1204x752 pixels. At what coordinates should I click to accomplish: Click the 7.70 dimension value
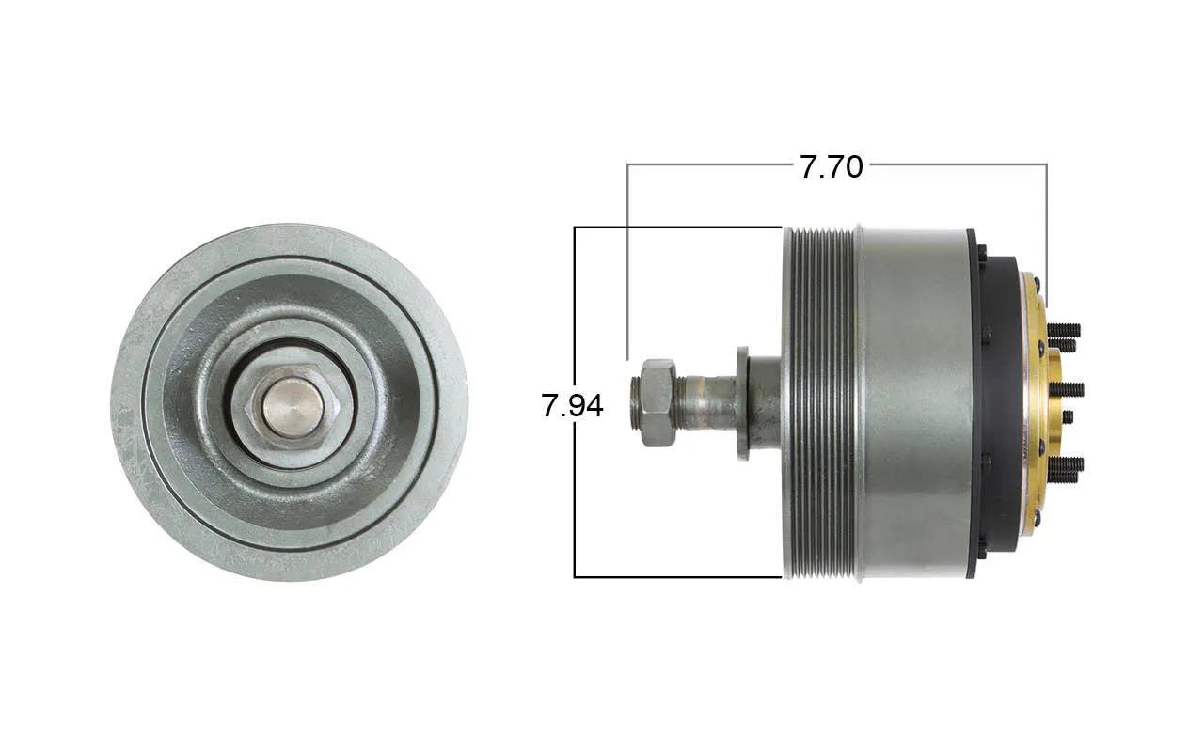coord(831,166)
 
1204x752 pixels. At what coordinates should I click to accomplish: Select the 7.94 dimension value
coord(572,405)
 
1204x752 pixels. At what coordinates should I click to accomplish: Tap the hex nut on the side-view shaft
coord(657,402)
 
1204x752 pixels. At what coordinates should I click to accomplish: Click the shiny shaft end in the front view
coord(293,408)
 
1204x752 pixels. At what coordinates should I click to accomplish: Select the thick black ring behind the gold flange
coord(1000,404)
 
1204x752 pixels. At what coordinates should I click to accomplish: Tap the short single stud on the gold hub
coord(1068,416)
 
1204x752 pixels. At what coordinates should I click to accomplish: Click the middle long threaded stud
coord(1067,389)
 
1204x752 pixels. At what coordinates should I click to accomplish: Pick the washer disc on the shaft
coord(743,403)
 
